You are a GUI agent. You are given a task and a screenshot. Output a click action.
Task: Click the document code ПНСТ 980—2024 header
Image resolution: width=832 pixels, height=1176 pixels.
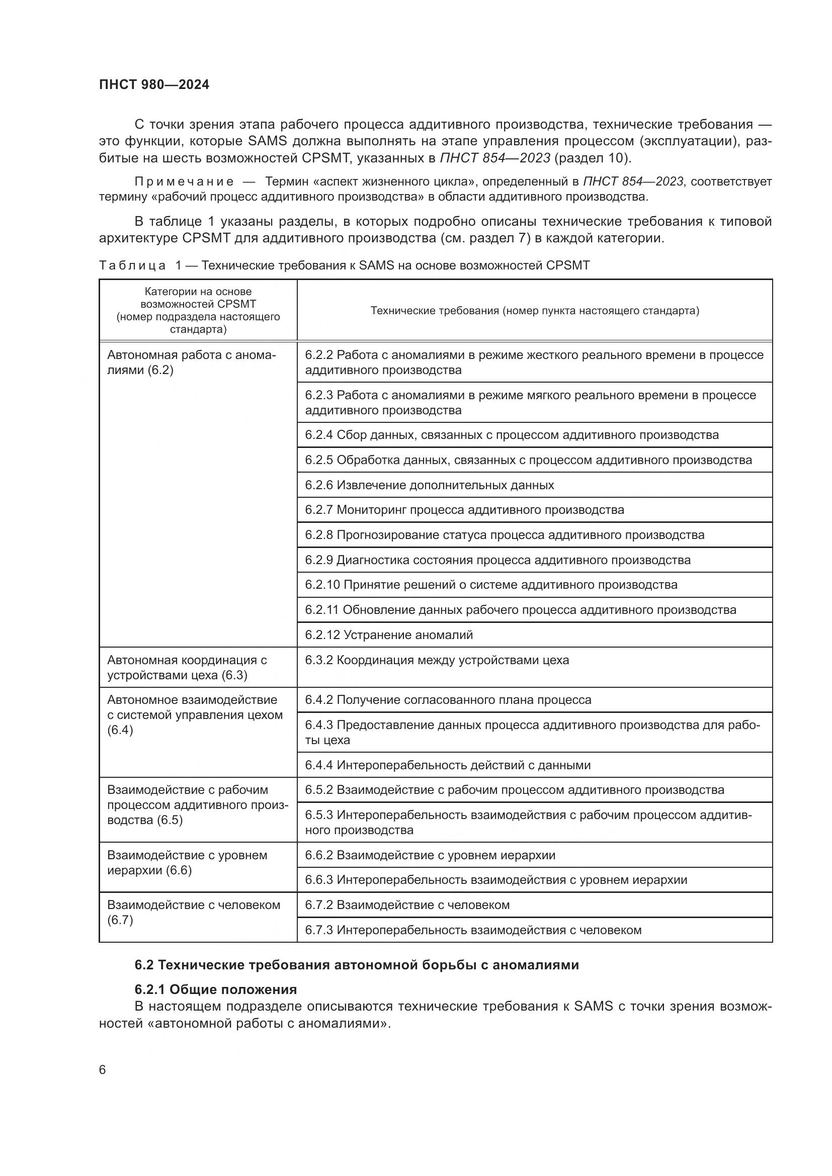(154, 84)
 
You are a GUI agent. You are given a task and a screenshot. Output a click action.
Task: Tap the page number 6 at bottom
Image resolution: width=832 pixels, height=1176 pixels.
(103, 1070)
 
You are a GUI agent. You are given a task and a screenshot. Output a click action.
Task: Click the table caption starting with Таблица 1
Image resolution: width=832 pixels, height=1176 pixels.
(344, 265)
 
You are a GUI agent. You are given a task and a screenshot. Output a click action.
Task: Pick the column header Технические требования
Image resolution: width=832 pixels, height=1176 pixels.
(534, 310)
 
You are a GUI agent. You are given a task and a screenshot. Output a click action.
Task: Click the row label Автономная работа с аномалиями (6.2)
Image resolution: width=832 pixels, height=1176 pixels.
(191, 362)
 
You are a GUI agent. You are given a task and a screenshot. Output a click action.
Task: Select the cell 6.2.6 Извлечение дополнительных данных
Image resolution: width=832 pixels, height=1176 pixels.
(429, 485)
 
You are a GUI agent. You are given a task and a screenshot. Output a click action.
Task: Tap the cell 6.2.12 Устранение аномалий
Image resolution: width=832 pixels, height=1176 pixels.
(389, 635)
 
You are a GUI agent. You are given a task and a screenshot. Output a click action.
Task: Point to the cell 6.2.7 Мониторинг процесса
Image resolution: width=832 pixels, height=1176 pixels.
(464, 510)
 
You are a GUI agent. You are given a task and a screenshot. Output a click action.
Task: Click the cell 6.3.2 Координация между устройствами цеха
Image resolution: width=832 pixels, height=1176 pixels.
(437, 660)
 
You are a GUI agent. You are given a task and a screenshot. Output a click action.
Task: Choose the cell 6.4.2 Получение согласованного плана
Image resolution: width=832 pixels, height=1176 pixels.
(448, 700)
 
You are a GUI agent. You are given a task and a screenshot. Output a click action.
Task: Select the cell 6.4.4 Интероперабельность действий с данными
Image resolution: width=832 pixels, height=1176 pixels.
(448, 765)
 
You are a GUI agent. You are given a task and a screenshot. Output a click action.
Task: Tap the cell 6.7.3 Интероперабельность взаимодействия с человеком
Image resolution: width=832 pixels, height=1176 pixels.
(473, 930)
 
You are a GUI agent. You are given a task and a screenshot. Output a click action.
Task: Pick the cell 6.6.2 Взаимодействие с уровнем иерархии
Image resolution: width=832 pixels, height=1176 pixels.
(430, 855)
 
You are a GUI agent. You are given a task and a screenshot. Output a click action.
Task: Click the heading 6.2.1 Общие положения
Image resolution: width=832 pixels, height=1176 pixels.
(216, 989)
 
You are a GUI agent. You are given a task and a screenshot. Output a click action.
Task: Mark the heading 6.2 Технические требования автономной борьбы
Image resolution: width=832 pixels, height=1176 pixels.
(357, 965)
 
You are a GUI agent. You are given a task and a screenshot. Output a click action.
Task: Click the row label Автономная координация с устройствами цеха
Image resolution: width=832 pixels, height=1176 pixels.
(187, 667)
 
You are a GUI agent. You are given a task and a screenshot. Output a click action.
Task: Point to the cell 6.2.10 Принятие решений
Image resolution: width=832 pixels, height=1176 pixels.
(491, 585)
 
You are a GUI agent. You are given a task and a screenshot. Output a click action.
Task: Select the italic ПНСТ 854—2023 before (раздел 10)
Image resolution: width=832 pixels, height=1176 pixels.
(495, 158)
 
